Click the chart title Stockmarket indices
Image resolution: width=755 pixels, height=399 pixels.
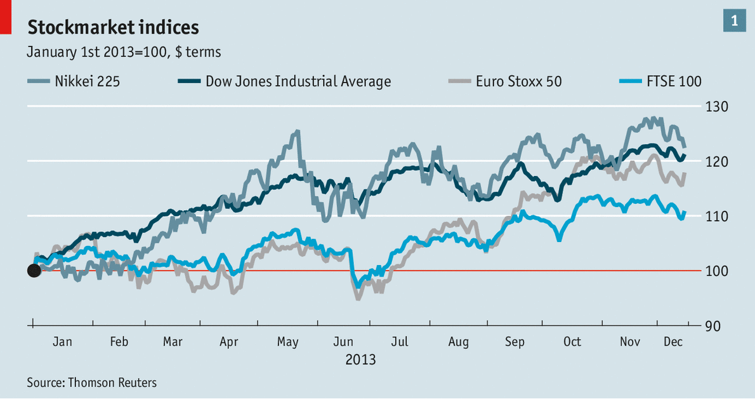tap(112, 27)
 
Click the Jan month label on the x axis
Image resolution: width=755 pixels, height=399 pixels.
tap(62, 342)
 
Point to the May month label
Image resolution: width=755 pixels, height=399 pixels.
tap(287, 342)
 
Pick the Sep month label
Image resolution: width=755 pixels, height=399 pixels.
tap(515, 342)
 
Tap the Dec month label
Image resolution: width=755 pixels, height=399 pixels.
tap(673, 342)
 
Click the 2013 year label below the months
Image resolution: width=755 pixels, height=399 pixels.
tap(360, 360)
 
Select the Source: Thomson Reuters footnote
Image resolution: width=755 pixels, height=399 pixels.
tap(91, 382)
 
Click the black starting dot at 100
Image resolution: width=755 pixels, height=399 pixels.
tap(34, 271)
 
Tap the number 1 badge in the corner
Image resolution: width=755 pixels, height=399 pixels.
tap(734, 21)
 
